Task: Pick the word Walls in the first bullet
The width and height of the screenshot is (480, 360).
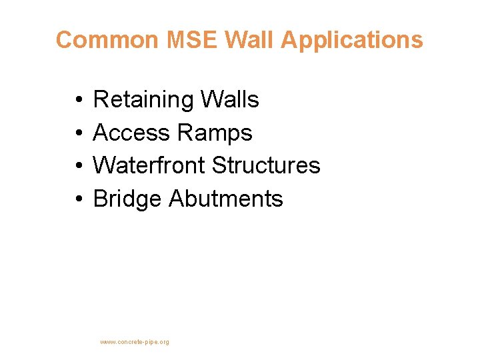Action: click(229, 100)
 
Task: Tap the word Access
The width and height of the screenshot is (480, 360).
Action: click(131, 133)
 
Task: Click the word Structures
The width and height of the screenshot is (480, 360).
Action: click(266, 165)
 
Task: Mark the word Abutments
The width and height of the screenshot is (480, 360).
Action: click(226, 199)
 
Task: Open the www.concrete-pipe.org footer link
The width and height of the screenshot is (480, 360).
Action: click(135, 342)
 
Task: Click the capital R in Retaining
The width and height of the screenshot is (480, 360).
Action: click(101, 100)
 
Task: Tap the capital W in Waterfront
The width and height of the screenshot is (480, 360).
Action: click(104, 165)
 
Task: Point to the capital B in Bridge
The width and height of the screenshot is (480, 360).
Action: click(101, 199)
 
